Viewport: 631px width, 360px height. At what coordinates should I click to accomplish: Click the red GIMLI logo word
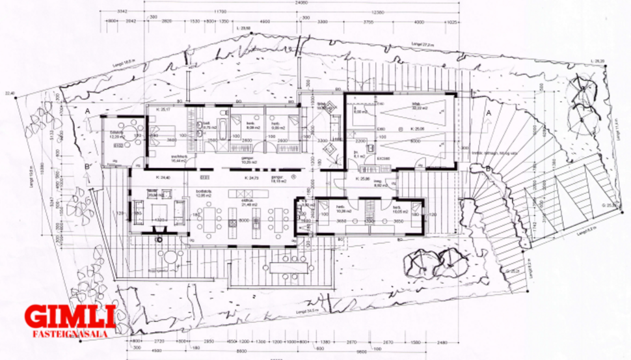(x=70, y=317)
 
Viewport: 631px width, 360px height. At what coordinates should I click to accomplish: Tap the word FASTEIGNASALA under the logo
(x=70, y=334)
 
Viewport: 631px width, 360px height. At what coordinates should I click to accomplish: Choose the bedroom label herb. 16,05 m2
(x=399, y=211)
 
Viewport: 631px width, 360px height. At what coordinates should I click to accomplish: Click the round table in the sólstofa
(x=116, y=135)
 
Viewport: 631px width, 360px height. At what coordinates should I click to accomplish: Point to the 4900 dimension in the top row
(x=265, y=21)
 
